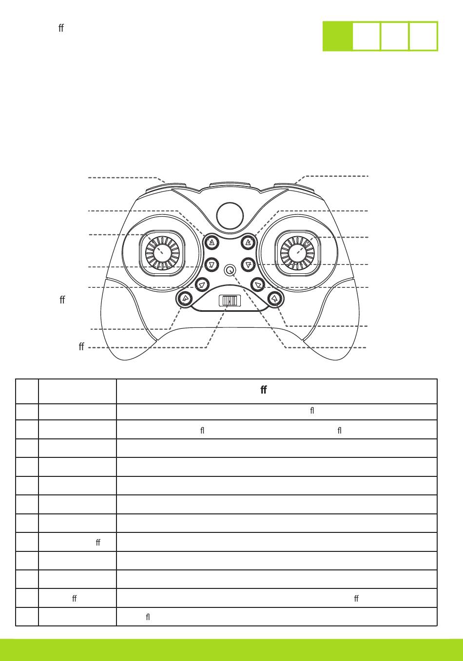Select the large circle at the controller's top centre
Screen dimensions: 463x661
[x=230, y=215]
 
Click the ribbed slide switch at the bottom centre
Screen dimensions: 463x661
[x=230, y=301]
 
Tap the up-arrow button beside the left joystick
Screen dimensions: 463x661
[x=212, y=242]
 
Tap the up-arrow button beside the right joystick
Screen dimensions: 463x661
[x=249, y=242]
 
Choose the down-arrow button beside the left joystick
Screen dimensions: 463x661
[x=212, y=264]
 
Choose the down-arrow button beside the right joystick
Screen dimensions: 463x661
[x=249, y=264]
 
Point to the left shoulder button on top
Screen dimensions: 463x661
[x=166, y=186]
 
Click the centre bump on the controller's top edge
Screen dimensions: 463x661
[x=230, y=186]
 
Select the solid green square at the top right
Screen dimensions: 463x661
[x=337, y=36]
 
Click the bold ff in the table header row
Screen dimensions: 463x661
[x=264, y=390]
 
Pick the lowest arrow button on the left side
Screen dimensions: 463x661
[x=185, y=298]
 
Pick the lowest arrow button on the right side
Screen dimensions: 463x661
[x=275, y=298]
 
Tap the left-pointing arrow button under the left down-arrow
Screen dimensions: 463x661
[x=202, y=283]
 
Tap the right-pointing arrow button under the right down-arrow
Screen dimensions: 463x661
[x=258, y=283]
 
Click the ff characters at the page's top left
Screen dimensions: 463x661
[x=61, y=28]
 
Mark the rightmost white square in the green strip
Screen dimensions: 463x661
[x=423, y=36]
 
